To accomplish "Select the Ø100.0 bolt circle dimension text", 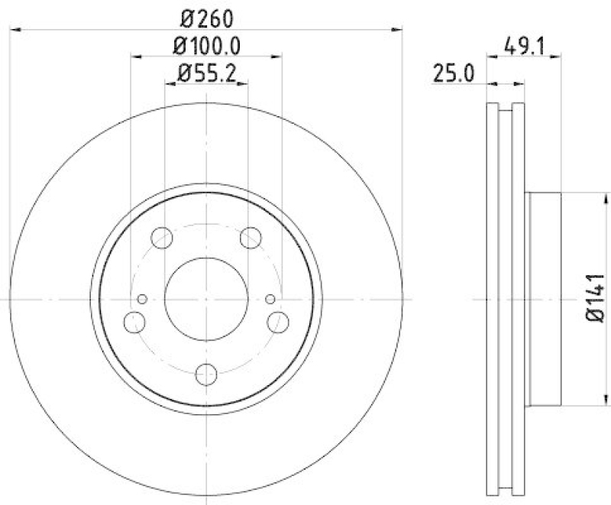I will (x=206, y=45).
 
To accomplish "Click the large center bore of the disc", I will (x=206, y=298).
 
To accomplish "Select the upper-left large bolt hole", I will (x=162, y=238).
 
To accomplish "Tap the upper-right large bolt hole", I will (x=251, y=238).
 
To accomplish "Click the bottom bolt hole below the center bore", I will (x=206, y=374).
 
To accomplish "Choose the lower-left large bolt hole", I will (x=134, y=321).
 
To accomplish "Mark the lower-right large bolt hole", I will (x=278, y=321).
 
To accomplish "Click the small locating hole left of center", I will (x=141, y=299).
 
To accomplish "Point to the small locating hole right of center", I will (x=270, y=299).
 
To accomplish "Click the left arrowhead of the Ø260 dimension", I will (x=15, y=30).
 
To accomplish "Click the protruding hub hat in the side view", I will (x=543, y=298).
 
